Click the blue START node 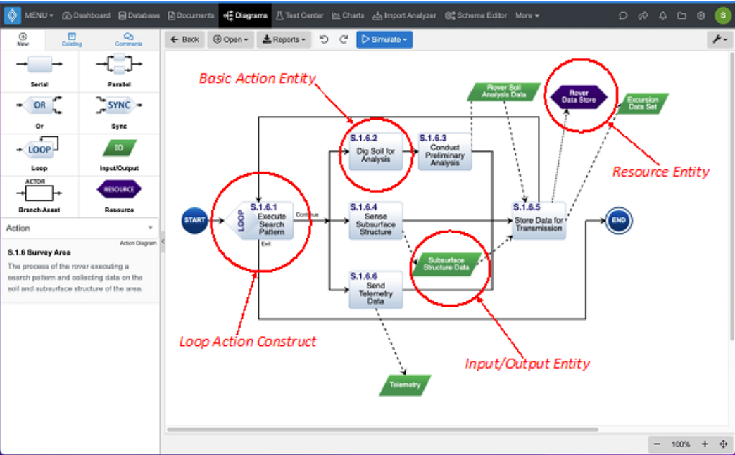tap(194, 221)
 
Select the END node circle tap(619, 221)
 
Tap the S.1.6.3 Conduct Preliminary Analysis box tap(444, 150)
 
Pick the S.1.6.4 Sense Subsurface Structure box tap(375, 220)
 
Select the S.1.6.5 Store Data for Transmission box tap(538, 220)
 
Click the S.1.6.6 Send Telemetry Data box tap(375, 289)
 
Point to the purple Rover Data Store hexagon tap(578, 96)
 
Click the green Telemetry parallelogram tap(405, 385)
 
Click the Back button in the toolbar tap(184, 39)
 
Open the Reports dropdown tap(284, 39)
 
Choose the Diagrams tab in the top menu tap(246, 15)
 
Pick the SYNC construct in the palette tap(119, 105)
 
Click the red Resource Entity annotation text tap(660, 172)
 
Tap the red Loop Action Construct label tap(248, 342)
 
